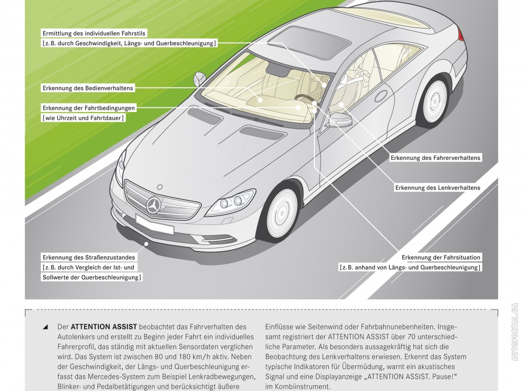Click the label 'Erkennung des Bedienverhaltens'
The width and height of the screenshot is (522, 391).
[x=88, y=88]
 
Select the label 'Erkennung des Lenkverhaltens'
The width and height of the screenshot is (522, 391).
[x=437, y=188]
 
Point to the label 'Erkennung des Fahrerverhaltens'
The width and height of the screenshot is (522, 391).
[x=435, y=158]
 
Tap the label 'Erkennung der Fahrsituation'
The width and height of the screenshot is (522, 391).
[x=441, y=257]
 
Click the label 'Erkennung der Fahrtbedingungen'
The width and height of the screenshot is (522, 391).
[x=89, y=108]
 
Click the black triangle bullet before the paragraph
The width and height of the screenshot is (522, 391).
[x=46, y=326]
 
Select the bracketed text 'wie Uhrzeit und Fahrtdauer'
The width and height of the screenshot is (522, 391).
[x=84, y=118]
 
